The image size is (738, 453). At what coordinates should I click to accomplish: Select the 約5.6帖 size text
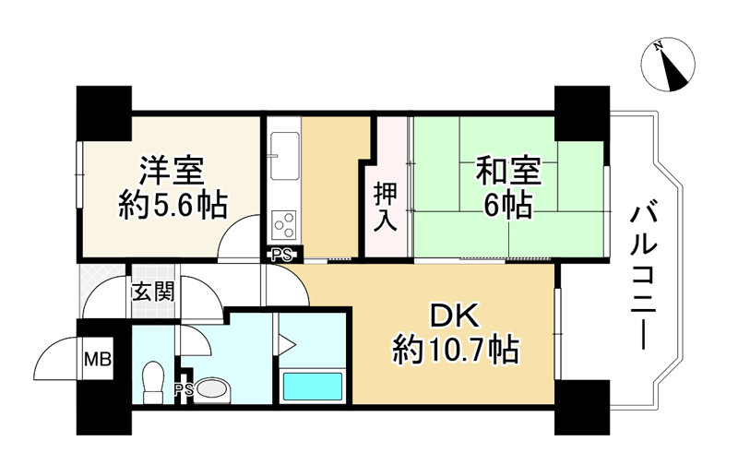coord(173,205)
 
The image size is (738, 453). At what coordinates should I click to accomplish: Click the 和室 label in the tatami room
coord(507,171)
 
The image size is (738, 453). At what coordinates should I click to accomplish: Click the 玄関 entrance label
coord(152,293)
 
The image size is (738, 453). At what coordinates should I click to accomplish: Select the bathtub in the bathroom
coord(312,386)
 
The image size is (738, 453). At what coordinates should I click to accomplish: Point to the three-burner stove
coord(284,222)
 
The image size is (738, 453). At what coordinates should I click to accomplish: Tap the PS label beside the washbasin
coord(184,390)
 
